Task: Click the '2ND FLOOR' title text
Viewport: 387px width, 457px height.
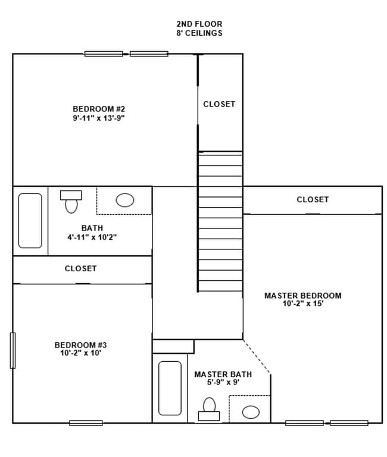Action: tap(199, 24)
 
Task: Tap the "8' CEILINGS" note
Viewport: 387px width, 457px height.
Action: tap(199, 33)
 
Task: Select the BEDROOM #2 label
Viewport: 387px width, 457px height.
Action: tap(98, 109)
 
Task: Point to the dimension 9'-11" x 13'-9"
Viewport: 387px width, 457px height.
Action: tap(98, 118)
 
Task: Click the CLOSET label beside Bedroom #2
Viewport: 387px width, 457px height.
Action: tap(219, 104)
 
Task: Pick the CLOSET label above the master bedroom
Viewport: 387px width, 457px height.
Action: tap(313, 200)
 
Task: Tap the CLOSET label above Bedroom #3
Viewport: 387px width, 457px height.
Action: tap(81, 269)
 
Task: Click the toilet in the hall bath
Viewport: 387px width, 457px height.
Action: tap(71, 202)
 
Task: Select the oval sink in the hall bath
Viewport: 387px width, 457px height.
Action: tap(124, 201)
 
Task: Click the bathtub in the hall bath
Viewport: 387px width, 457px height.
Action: tap(30, 221)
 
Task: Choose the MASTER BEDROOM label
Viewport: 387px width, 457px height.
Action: tap(302, 296)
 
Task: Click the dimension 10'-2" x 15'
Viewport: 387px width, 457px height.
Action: tap(302, 304)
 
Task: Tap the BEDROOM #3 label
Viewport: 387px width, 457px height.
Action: tap(80, 345)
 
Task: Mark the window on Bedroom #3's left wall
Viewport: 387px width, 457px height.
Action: tap(13, 350)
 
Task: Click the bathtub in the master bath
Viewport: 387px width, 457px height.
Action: tap(170, 388)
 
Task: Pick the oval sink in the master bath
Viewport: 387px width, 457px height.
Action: tap(251, 412)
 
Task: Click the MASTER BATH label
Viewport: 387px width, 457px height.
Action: tap(223, 375)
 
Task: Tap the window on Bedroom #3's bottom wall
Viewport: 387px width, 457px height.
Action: tap(86, 423)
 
